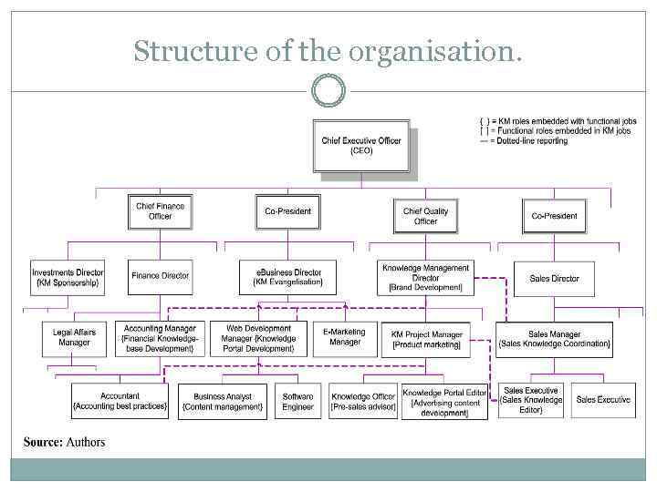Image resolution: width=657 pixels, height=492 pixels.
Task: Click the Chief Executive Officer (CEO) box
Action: point(360,146)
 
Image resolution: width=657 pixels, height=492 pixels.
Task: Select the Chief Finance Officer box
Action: point(160,211)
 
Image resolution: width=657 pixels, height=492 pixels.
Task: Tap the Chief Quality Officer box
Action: point(425,216)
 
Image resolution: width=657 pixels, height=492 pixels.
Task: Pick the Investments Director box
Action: point(68,278)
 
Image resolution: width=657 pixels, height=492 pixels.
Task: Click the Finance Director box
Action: point(160,276)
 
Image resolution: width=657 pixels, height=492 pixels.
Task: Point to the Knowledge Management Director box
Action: point(425,278)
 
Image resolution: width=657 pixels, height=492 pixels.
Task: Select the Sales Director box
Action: point(554,279)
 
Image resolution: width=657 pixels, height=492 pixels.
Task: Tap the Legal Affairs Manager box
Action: point(74,337)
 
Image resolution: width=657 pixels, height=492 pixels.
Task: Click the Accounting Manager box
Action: point(160,338)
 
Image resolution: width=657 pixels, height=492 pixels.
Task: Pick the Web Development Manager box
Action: point(258,338)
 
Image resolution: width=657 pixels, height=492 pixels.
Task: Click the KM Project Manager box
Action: point(426,339)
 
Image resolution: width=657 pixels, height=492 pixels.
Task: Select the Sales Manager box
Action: point(554,339)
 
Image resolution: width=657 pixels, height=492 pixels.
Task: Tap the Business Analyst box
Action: point(222,401)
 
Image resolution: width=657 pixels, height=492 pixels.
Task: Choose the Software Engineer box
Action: point(297,401)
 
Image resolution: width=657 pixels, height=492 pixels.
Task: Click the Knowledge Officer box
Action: point(363,401)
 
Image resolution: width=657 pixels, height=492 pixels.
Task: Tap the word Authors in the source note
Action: point(85,443)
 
